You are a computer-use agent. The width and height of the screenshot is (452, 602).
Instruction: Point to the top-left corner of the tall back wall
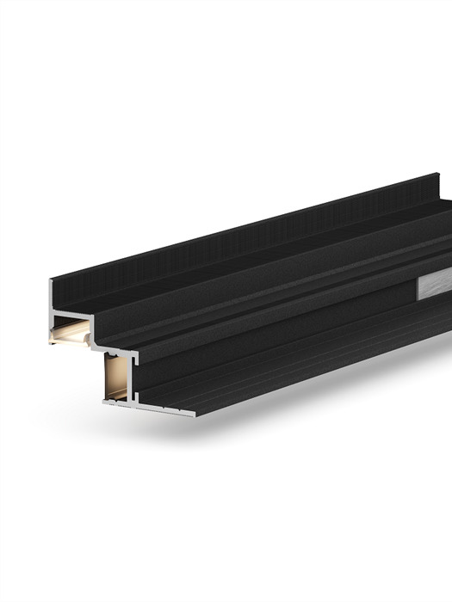[51, 280]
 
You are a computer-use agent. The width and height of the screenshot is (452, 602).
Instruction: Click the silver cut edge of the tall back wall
[51, 297]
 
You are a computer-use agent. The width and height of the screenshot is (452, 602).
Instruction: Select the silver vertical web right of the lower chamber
[133, 378]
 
